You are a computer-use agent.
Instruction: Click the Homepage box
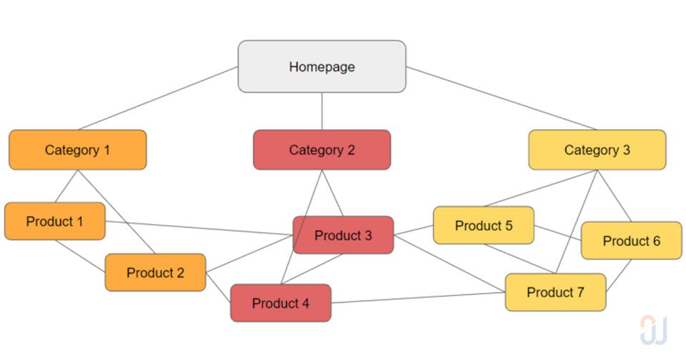pyautogui.click(x=322, y=66)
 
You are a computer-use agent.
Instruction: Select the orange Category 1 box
pyautogui.click(x=77, y=150)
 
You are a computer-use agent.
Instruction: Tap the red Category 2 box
pyautogui.click(x=322, y=150)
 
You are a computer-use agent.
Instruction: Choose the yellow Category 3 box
pyautogui.click(x=597, y=150)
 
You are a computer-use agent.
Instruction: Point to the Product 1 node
pyautogui.click(x=54, y=221)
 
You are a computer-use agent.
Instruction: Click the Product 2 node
pyautogui.click(x=155, y=272)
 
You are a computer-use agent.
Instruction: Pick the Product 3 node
pyautogui.click(x=343, y=235)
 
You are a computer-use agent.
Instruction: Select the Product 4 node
pyautogui.click(x=280, y=303)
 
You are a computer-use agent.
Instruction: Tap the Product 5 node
pyautogui.click(x=483, y=226)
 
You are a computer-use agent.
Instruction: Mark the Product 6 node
pyautogui.click(x=631, y=241)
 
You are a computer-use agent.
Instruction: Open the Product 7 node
pyautogui.click(x=555, y=292)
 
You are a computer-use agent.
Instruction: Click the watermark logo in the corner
pyautogui.click(x=653, y=330)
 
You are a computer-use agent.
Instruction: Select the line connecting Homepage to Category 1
pyautogui.click(x=157, y=99)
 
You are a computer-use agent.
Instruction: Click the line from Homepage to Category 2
pyautogui.click(x=322, y=111)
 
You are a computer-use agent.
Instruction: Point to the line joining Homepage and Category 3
pyautogui.click(x=500, y=98)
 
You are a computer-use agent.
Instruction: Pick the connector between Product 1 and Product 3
pyautogui.click(x=200, y=228)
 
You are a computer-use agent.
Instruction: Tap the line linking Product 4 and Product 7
pyautogui.click(x=418, y=298)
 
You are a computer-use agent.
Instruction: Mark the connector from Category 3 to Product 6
pyautogui.click(x=615, y=196)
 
